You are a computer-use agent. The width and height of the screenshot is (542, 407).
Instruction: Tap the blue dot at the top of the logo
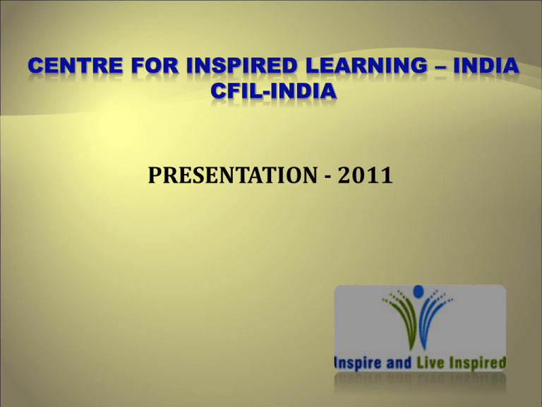pos(418,290)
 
